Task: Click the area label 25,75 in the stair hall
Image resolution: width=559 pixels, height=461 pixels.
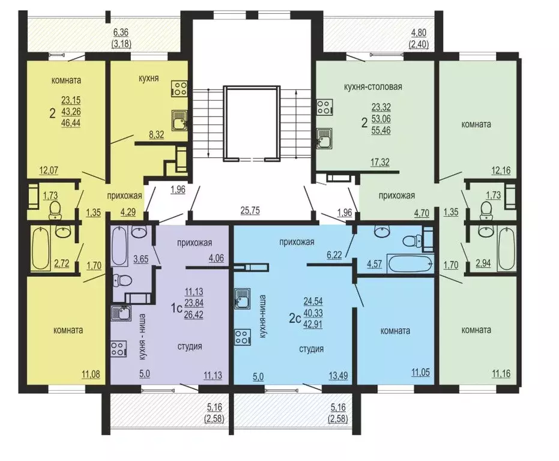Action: coord(250,210)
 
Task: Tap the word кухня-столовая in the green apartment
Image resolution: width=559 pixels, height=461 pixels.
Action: coord(373,86)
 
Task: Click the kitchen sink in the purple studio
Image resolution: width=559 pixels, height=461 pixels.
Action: coord(121,313)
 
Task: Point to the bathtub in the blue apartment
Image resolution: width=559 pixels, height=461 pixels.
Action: coord(410,264)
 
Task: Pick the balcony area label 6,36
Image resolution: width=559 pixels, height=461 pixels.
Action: coord(121,32)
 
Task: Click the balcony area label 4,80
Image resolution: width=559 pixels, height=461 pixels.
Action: coord(418,34)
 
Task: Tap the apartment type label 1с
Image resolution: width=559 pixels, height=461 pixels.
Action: coord(177,308)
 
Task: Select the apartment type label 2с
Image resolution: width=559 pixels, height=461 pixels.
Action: coord(295,318)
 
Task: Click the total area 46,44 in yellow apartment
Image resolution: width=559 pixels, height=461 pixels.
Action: coord(71,124)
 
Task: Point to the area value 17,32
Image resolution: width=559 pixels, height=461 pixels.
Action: coord(380,162)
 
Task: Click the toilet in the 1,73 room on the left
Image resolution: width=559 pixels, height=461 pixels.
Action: coord(55,210)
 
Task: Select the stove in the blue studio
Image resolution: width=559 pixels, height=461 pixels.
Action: coord(243,337)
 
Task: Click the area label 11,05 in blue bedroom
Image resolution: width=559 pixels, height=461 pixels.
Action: coord(420,373)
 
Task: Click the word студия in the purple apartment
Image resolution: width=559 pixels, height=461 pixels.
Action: coord(190,346)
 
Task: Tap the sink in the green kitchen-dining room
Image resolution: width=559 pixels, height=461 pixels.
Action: coord(324,138)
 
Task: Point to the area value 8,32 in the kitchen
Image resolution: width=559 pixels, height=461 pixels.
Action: coord(157,134)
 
